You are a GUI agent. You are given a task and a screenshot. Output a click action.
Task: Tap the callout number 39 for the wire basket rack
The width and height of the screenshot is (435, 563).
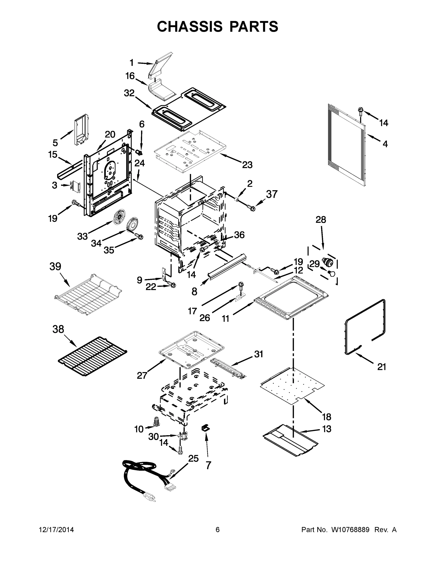pos(55,266)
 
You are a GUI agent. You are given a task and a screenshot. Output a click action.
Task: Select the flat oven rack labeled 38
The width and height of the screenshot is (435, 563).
pos(92,356)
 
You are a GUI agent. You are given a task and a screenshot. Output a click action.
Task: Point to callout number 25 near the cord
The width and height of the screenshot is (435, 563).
pos(193,458)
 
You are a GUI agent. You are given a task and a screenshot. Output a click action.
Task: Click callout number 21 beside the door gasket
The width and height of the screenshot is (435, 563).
pos(382,367)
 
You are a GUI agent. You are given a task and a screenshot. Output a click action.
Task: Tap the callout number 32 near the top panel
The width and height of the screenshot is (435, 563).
pos(129,93)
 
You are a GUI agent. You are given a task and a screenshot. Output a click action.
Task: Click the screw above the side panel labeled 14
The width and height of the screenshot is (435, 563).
pos(360,111)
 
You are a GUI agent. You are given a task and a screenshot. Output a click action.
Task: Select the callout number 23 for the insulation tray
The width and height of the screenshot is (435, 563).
pos(247,164)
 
